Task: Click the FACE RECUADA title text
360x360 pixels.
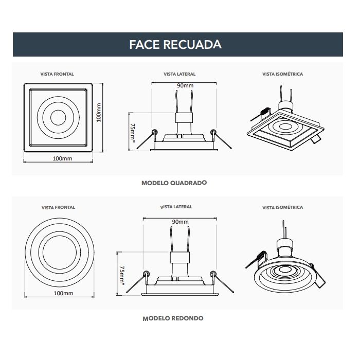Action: pyautogui.click(x=175, y=44)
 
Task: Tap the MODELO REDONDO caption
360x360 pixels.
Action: pyautogui.click(x=173, y=318)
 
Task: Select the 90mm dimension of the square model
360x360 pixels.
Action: pyautogui.click(x=185, y=85)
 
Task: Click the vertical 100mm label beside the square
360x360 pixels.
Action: pyautogui.click(x=99, y=112)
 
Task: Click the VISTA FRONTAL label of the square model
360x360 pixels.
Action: pyautogui.click(x=57, y=74)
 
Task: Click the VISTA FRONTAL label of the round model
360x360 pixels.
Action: pyautogui.click(x=58, y=208)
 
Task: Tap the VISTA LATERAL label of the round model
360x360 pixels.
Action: pyautogui.click(x=176, y=207)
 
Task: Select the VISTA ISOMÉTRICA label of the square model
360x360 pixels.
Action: pyautogui.click(x=282, y=74)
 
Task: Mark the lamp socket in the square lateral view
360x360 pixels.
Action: pyautogui.click(x=184, y=117)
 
